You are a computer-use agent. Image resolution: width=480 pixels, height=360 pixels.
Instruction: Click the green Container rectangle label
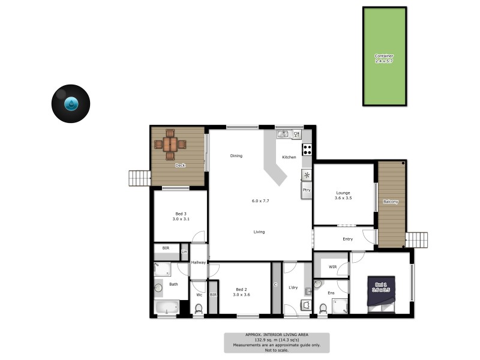click(x=384, y=58)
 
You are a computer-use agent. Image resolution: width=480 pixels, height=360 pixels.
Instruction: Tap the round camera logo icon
click(x=71, y=104)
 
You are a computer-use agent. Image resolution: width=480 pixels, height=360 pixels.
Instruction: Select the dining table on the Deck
click(x=170, y=144)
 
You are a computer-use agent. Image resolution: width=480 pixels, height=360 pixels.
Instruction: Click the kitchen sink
click(x=284, y=134)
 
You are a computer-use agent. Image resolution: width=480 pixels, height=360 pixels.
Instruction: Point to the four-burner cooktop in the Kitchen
click(x=307, y=150)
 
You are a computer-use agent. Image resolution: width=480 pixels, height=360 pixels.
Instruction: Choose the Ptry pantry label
click(x=306, y=190)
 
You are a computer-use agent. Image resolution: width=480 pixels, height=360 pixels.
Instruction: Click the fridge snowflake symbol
click(x=307, y=175)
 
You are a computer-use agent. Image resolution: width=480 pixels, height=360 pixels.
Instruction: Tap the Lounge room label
click(x=343, y=193)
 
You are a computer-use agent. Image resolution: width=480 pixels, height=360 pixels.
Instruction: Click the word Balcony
click(x=390, y=202)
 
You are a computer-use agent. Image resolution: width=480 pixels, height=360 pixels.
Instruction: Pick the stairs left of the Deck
click(x=139, y=178)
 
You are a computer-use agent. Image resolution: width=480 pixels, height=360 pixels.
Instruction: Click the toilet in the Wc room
click(x=199, y=308)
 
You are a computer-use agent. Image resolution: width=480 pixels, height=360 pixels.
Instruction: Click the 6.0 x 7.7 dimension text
click(x=260, y=200)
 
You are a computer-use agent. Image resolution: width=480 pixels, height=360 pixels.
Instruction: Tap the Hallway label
click(x=199, y=262)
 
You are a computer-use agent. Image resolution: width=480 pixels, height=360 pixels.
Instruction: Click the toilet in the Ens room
click(x=323, y=308)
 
